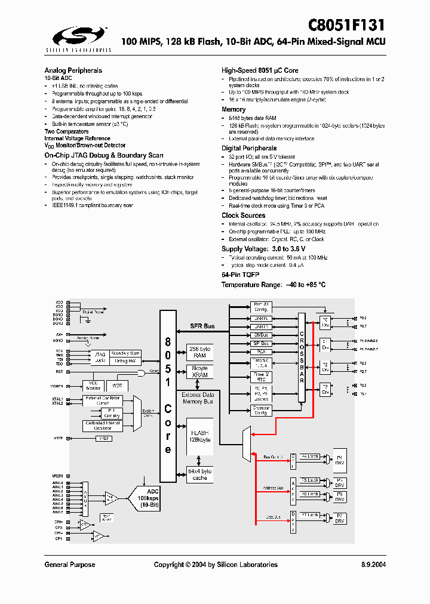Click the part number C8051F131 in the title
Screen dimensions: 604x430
pos(346,25)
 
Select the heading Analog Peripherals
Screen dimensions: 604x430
pos(73,70)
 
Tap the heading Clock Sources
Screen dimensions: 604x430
pos(243,215)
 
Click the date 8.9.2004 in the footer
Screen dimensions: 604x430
pos(373,565)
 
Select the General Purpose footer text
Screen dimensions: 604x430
pos(69,565)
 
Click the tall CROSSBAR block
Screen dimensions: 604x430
pos(302,359)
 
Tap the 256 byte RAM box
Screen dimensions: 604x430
pos(200,352)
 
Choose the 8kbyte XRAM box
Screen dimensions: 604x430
pos(200,372)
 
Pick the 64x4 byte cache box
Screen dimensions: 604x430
pos(200,474)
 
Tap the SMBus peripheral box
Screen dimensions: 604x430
pos(260,335)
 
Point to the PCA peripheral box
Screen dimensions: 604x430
pos(260,352)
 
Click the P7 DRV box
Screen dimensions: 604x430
pos(339,518)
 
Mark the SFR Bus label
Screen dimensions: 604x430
pos(202,326)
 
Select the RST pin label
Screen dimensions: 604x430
pos(60,372)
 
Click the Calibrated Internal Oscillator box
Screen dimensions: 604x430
pos(103,426)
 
